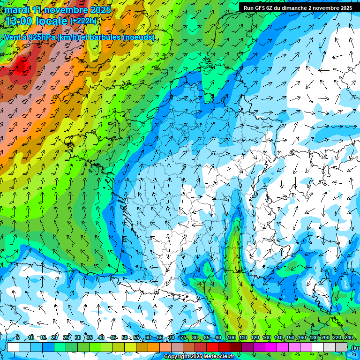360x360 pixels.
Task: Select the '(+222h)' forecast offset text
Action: tap(84, 21)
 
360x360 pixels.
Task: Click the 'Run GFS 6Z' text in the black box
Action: tap(259, 8)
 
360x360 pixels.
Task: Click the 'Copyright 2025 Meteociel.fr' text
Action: tap(199, 357)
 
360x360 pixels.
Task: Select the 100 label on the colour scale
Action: tap(231, 338)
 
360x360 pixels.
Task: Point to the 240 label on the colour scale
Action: tap(348, 338)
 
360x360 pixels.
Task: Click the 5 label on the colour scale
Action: tap(17, 338)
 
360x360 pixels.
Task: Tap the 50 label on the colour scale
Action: tap(124, 338)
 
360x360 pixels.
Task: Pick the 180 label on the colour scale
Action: tap(313, 338)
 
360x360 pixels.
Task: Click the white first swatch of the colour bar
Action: tap(13, 347)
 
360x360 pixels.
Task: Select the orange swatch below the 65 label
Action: tap(154, 347)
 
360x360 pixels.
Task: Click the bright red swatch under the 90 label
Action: tap(212, 347)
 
